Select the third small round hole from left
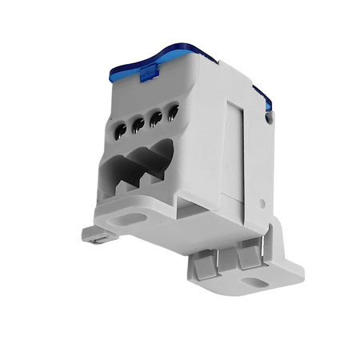click(156, 118)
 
